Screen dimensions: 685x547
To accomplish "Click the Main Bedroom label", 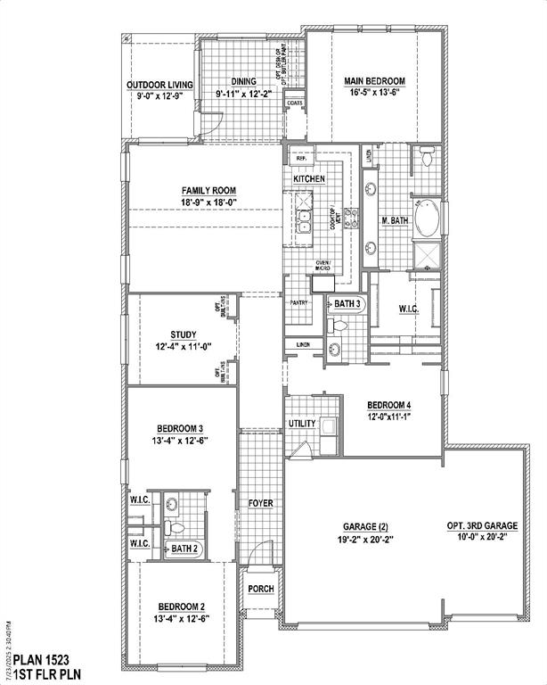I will [x=374, y=81].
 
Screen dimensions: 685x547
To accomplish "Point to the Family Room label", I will [x=207, y=190].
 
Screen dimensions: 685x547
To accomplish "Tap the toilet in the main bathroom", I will [x=426, y=158].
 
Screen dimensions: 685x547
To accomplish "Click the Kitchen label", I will [x=309, y=179].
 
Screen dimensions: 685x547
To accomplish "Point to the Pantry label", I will [x=298, y=302].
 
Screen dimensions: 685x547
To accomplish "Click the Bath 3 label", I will [x=347, y=305].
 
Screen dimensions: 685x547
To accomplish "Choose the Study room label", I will [x=184, y=335].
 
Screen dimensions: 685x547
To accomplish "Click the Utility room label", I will [x=302, y=424].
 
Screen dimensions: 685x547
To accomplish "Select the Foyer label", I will [x=260, y=504].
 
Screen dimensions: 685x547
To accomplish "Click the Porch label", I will [x=260, y=588].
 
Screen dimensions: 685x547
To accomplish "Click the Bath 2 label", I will [x=184, y=548].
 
